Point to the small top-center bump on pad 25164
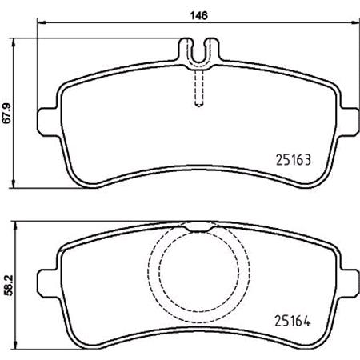coord(197,229)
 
